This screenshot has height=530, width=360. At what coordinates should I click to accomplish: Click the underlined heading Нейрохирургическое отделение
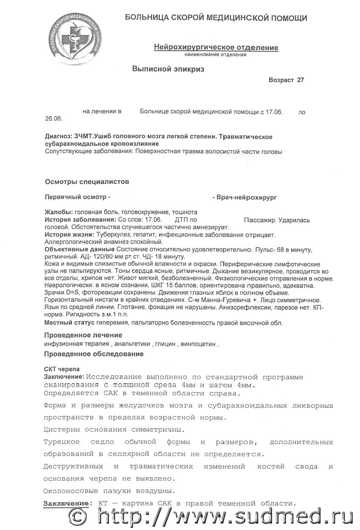pyautogui.click(x=216, y=48)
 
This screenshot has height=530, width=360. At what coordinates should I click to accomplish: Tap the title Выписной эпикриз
pyautogui.click(x=168, y=69)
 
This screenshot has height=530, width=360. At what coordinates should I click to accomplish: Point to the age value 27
pyautogui.click(x=300, y=80)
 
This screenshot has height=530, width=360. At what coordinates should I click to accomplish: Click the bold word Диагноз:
pyautogui.click(x=58, y=137)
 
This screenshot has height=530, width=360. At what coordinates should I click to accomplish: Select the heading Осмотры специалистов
pyautogui.click(x=87, y=182)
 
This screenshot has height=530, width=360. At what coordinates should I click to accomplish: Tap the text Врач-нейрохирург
pyautogui.click(x=246, y=198)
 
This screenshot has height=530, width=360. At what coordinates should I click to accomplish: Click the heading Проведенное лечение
pyautogui.click(x=83, y=335)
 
